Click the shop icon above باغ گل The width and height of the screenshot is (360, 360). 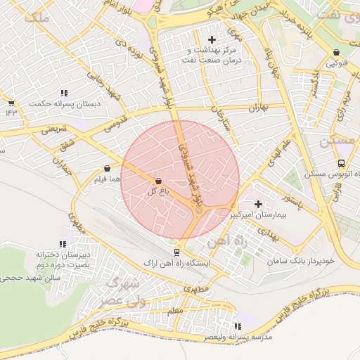157,181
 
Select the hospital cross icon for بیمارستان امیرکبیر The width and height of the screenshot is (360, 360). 259,203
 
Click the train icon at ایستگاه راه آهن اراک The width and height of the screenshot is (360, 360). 176,252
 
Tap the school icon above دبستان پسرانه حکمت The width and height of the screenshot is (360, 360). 64,93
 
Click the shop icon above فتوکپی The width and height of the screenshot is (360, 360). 336,53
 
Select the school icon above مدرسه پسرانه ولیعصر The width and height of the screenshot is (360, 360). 237,326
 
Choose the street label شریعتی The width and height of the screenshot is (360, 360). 54,129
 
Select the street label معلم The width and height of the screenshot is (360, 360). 175,310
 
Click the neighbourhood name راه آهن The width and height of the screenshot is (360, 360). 225,242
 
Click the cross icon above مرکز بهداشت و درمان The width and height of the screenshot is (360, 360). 212,39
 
